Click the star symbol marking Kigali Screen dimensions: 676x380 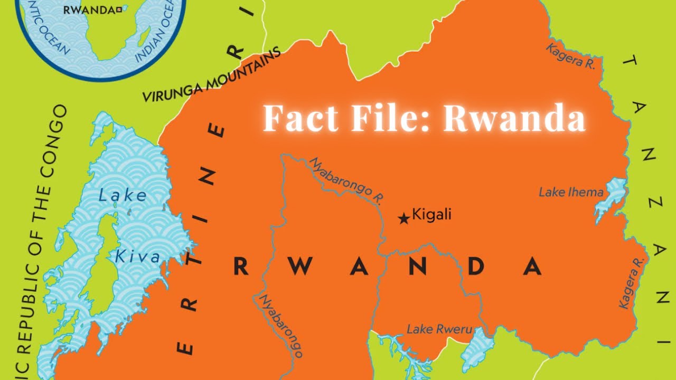[x=404, y=218]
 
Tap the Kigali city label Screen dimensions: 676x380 [x=431, y=215]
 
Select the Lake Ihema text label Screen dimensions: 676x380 [x=571, y=192]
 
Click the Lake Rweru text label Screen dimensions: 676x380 [x=438, y=329]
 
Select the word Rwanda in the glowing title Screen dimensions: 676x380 [x=514, y=118]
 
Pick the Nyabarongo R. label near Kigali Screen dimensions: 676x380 [x=346, y=180]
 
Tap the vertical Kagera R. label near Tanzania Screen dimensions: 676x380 [x=632, y=283]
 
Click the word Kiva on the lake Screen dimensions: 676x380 [x=137, y=258]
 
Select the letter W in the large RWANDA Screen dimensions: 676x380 [x=300, y=267]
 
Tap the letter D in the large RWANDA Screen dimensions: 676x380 [x=476, y=267]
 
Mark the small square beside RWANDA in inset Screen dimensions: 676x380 [x=119, y=9]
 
